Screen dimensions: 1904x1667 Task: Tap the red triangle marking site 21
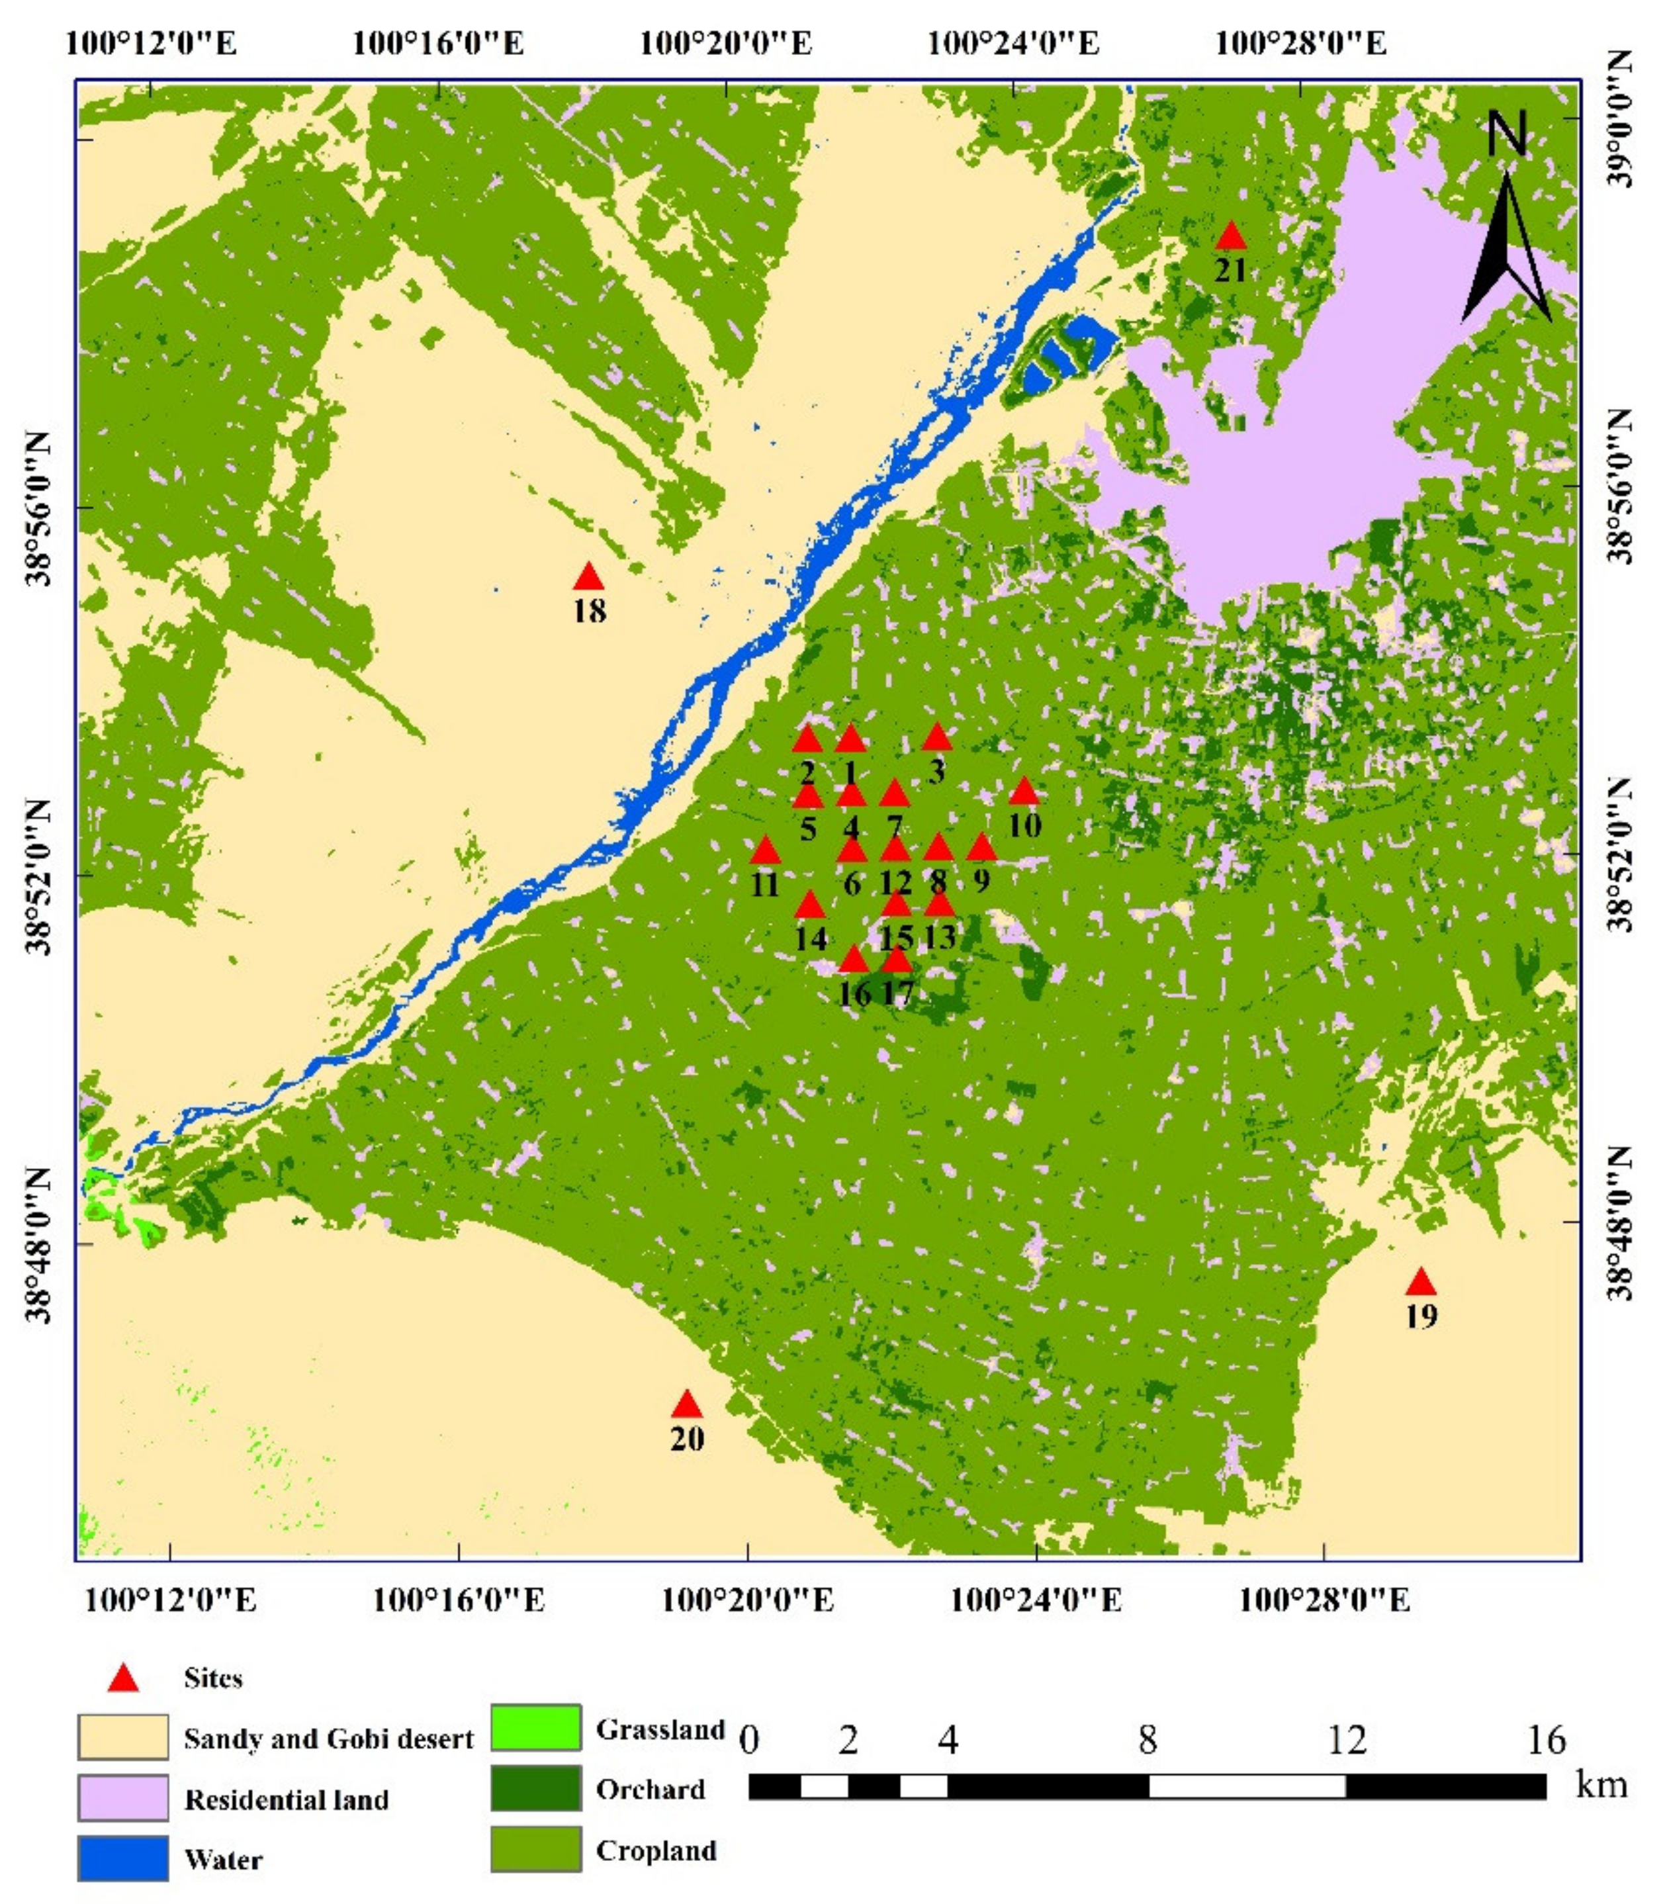coord(1231,237)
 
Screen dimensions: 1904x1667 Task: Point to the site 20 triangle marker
coord(686,1404)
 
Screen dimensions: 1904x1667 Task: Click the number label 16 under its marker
coord(854,993)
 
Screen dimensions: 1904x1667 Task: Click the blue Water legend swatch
coord(123,1858)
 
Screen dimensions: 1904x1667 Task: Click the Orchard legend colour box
coord(536,1788)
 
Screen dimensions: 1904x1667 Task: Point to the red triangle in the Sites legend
coord(123,1679)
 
